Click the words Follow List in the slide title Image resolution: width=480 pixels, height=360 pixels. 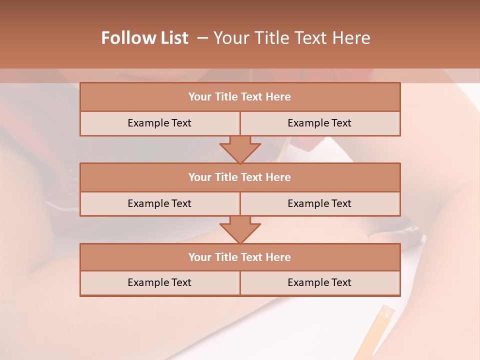(144, 38)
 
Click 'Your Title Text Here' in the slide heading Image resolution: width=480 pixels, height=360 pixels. (291, 38)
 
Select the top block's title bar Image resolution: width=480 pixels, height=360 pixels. (240, 97)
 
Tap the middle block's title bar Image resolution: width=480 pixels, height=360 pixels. (240, 177)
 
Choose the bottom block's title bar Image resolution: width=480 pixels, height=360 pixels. (240, 257)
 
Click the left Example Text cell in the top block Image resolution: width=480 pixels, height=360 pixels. (159, 123)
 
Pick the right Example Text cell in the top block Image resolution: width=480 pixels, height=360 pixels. (319, 123)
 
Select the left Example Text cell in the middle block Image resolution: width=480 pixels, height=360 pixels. (159, 203)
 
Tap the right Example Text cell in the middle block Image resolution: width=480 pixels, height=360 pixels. (319, 203)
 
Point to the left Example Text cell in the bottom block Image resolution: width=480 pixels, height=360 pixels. (159, 282)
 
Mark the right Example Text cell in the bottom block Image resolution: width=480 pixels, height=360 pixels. (319, 282)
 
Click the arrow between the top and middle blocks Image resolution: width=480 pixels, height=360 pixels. (240, 149)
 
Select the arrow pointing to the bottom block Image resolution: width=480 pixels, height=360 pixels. (240, 229)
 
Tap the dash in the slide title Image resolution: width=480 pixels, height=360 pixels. (202, 38)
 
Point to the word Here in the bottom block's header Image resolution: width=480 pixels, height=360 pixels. (278, 257)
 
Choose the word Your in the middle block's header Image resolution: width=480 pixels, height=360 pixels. (199, 177)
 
